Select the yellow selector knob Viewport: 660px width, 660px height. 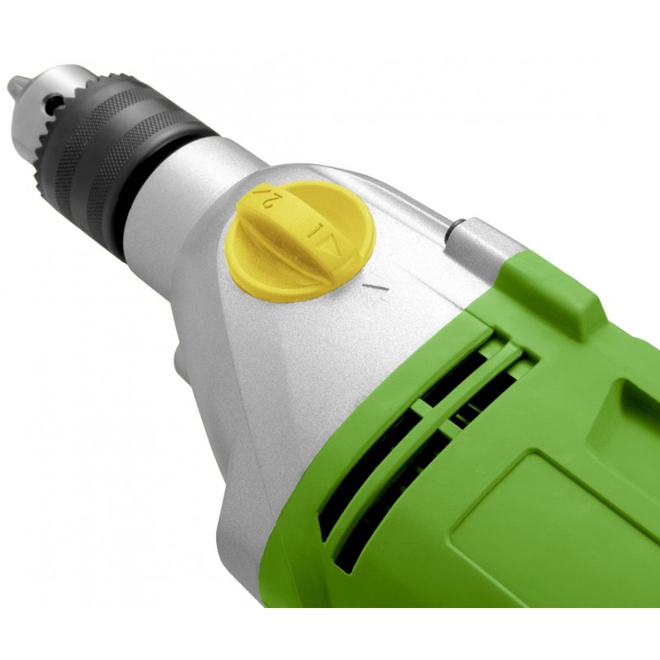(300, 241)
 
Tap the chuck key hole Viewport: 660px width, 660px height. (53, 101)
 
